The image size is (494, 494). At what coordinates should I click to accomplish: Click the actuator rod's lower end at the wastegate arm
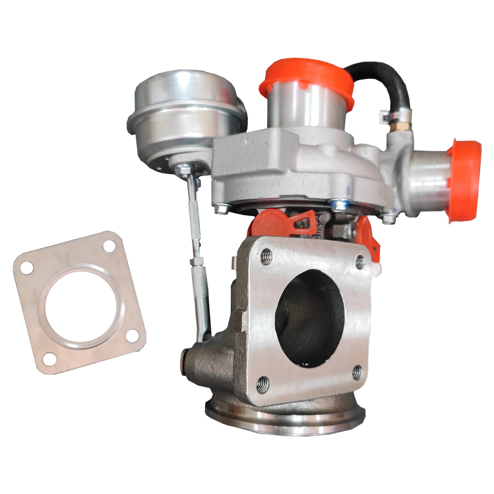[204, 335]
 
